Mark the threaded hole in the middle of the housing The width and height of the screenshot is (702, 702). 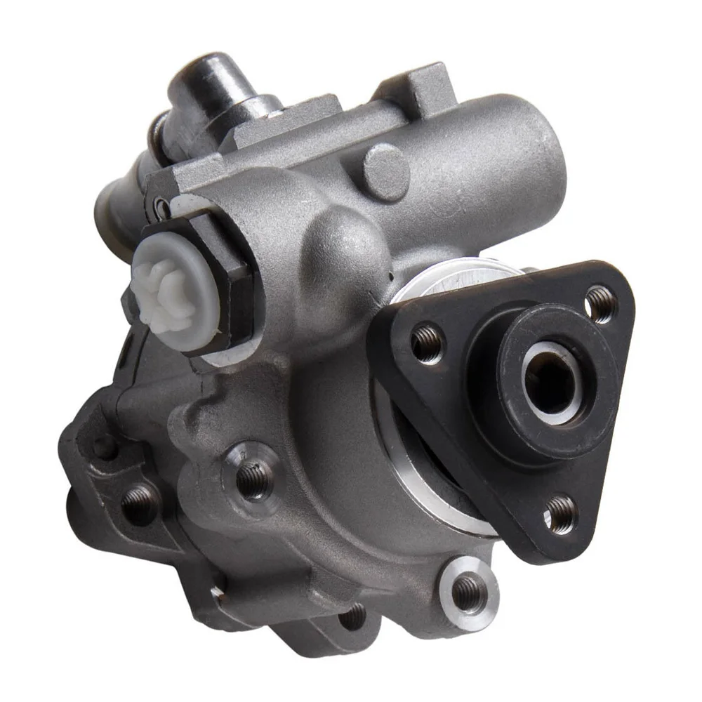[x=252, y=477]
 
